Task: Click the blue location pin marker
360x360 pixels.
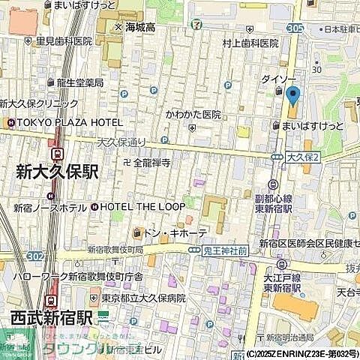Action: coord(292,95)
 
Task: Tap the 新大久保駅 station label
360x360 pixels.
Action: coord(56,172)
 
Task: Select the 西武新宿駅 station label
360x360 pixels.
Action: coord(51,317)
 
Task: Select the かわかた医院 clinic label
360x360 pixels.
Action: coord(193,115)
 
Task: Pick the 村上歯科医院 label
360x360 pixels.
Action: coord(250,44)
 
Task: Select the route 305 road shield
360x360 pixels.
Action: coord(295,27)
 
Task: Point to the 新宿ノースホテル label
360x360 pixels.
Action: coord(49,207)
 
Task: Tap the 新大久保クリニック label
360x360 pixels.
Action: coord(39,103)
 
